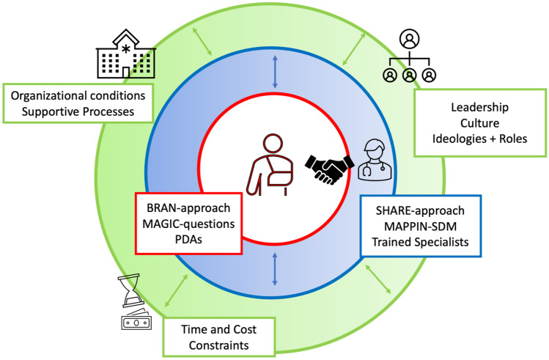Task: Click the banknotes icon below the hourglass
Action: click(133, 322)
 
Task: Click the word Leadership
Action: click(481, 106)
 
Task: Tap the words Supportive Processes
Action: click(79, 113)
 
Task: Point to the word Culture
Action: click(481, 124)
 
